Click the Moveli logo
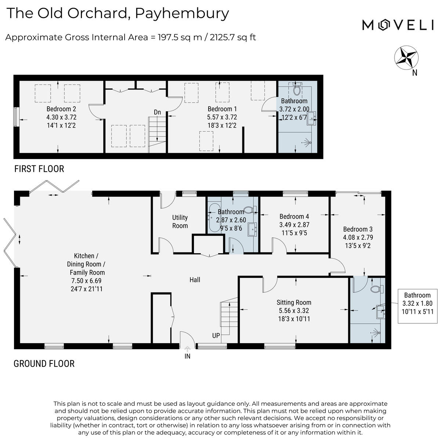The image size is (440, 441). coord(398,25)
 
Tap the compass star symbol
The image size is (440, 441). coord(407,57)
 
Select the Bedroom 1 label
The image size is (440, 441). coord(222,109)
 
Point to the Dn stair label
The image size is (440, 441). coord(158,112)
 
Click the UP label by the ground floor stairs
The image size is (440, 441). coord(216,336)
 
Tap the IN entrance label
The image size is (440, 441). coord(187,356)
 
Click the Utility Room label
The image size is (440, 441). coord(180,222)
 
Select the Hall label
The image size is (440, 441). coord(195,280)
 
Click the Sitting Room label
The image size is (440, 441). coord(294,302)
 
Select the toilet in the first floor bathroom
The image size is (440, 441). coord(297,89)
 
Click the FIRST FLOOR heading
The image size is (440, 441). coord(39,169)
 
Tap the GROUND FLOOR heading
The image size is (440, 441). coord(44,364)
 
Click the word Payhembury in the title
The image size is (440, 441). coord(182,13)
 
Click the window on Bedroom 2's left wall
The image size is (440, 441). coord(16,117)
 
